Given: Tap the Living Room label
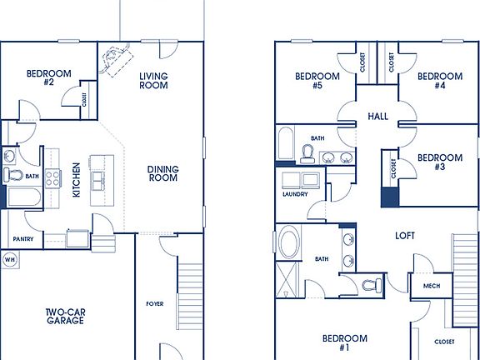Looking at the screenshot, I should [153, 80].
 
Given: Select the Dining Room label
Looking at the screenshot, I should [163, 173].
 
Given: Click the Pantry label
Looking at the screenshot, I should [22, 240].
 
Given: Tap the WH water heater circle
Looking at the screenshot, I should [10, 259].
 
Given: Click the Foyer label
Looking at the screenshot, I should [154, 303].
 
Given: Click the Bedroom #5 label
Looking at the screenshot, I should [318, 81].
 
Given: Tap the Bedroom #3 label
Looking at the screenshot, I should [439, 162].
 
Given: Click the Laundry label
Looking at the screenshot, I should [295, 194].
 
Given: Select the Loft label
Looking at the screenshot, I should [405, 236].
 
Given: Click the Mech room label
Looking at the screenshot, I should [431, 286].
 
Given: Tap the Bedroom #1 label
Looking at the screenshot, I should [345, 342].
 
